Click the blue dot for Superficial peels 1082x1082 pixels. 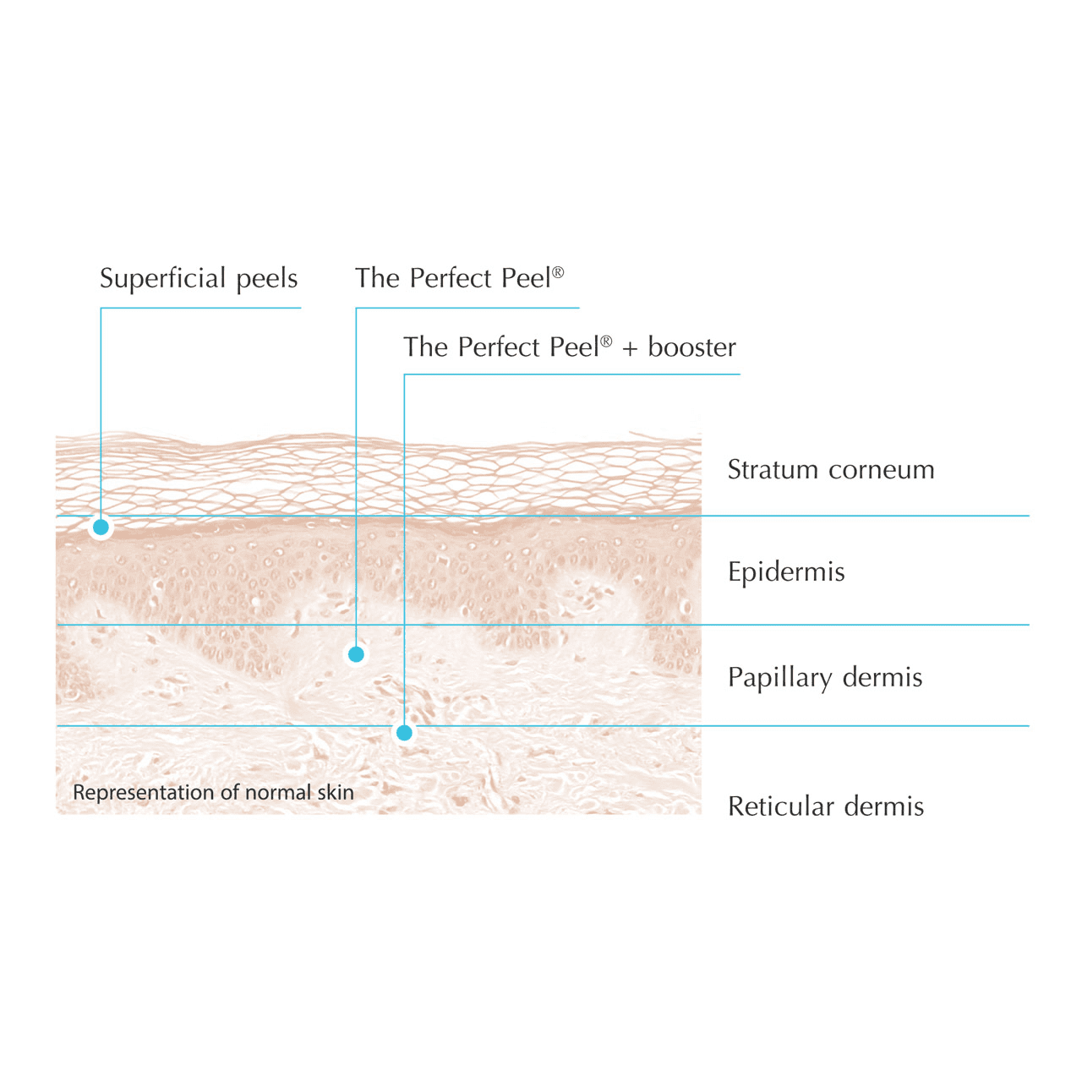tap(101, 527)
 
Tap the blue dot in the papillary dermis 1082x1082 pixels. tap(357, 654)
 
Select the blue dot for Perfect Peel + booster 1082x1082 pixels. tap(405, 733)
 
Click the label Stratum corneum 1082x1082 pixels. tap(831, 470)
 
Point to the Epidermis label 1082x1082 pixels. tap(786, 572)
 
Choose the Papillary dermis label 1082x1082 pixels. tap(825, 678)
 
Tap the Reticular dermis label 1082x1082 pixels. tap(826, 806)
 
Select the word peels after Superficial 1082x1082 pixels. tap(267, 279)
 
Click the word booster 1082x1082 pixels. tap(692, 347)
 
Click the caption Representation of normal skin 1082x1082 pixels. tap(213, 793)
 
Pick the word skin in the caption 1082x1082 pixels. tap(336, 793)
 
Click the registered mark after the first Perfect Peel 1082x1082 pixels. tap(558, 272)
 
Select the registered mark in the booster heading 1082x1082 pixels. tap(606, 342)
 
